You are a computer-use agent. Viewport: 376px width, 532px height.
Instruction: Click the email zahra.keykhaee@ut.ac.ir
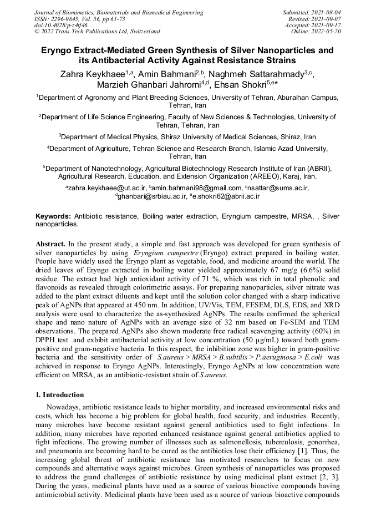pos(106,188)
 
